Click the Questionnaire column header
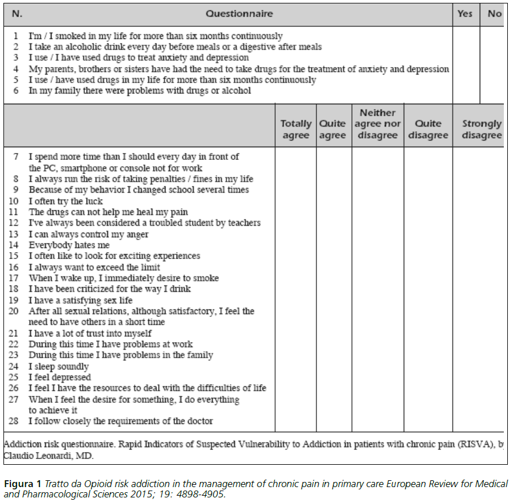pyautogui.click(x=239, y=13)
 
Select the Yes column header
pyautogui.click(x=465, y=13)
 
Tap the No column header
pyautogui.click(x=494, y=13)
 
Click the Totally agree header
pyautogui.click(x=296, y=130)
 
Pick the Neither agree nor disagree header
pyautogui.click(x=378, y=124)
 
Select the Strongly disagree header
pyautogui.click(x=481, y=130)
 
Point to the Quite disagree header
pyautogui.click(x=428, y=130)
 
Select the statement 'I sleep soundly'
pyautogui.click(x=59, y=367)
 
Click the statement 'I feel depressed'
pyautogui.click(x=60, y=378)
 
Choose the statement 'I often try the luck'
pyautogui.click(x=66, y=201)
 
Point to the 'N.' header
pyautogui.click(x=17, y=13)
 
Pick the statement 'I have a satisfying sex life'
pyautogui.click(x=81, y=300)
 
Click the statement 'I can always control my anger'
pyautogui.click(x=89, y=234)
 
